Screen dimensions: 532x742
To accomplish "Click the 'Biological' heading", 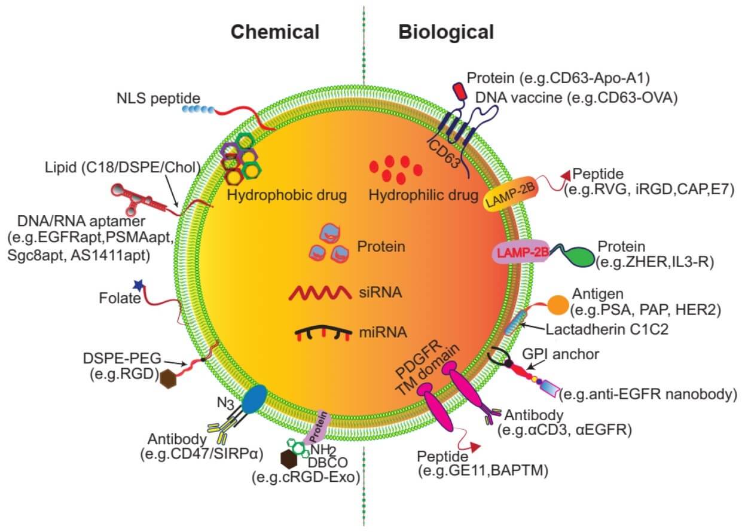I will tap(446, 31).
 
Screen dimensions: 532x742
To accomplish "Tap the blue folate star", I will tap(139, 285).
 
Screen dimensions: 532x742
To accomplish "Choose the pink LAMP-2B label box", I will tap(521, 253).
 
